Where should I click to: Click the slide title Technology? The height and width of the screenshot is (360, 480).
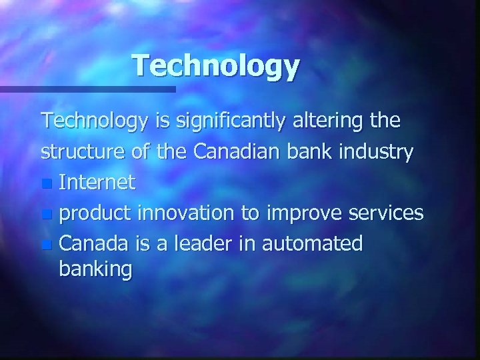pyautogui.click(x=216, y=66)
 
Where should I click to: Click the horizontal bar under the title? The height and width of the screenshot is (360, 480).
pyautogui.click(x=87, y=89)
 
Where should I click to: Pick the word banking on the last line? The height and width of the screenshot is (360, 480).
pyautogui.click(x=95, y=269)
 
